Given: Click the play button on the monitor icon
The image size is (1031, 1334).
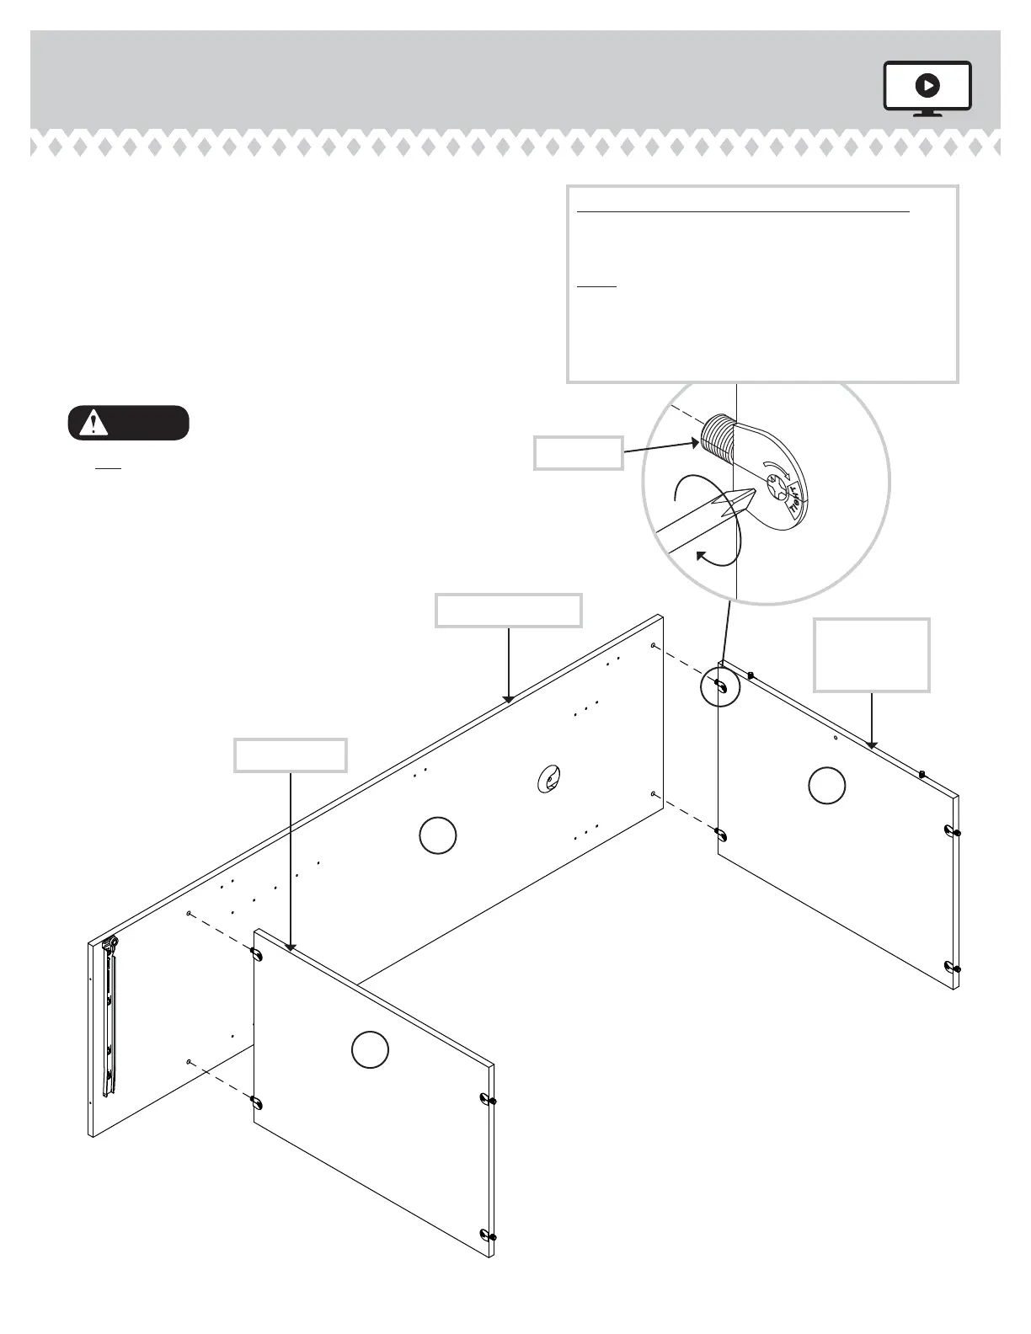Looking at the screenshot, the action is click(x=927, y=85).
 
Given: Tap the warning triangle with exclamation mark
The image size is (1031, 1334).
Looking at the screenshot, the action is click(x=93, y=423).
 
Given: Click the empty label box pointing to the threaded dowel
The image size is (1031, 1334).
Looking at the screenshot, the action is click(x=579, y=452).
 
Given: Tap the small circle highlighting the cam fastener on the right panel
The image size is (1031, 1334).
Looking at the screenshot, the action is click(x=720, y=686).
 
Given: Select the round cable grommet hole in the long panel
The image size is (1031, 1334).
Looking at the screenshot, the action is click(x=548, y=780).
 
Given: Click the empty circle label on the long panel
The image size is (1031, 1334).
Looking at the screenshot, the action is click(x=438, y=835).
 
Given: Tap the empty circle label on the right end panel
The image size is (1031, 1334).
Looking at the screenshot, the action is click(x=827, y=785).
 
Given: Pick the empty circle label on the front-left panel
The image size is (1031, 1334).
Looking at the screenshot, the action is click(x=370, y=1049).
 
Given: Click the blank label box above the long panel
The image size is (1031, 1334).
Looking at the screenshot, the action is click(x=508, y=610).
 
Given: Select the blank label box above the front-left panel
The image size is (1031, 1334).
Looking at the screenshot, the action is click(x=291, y=755).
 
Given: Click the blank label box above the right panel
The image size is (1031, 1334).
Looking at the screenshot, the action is click(x=872, y=654).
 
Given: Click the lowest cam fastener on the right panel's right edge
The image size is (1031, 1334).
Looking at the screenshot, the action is click(x=954, y=967).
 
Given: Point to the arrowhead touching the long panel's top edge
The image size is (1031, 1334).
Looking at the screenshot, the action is click(x=509, y=698).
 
